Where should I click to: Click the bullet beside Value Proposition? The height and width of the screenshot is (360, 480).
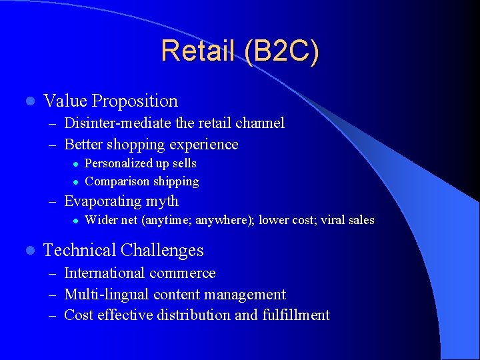[27, 101]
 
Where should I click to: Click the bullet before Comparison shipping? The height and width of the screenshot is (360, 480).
[76, 181]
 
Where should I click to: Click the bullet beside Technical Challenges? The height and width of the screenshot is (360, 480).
[27, 251]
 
